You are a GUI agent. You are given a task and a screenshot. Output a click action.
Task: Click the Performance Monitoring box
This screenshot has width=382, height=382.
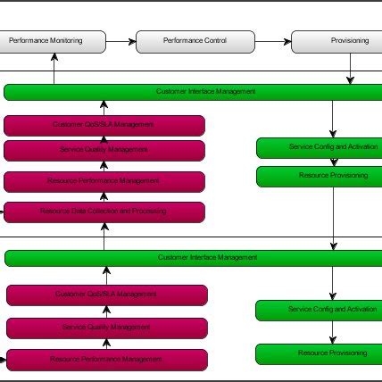point(53,41)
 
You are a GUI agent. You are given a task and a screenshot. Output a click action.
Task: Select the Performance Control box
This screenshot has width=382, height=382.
point(195,41)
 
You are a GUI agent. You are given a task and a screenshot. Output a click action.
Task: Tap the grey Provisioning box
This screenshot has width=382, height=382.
point(337,41)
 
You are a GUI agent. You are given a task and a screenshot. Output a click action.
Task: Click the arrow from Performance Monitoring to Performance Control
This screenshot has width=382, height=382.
point(121,41)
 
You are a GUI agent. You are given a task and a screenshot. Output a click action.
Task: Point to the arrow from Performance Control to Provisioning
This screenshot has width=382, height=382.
point(274,41)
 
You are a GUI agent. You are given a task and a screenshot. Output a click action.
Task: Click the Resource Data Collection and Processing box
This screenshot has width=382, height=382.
point(104,212)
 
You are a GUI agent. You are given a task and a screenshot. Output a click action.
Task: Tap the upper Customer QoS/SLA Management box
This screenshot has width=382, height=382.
point(104,125)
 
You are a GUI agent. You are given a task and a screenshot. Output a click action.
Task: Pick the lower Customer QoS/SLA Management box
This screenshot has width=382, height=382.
point(107,295)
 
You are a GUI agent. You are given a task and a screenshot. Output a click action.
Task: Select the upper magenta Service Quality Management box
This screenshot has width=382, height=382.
point(104,150)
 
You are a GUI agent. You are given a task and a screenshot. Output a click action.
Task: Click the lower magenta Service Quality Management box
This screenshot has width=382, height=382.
point(107,328)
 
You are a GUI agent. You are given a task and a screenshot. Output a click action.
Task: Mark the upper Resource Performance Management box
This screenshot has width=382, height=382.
point(104,181)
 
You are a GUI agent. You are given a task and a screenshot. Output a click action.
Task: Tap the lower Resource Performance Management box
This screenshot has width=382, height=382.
point(107,360)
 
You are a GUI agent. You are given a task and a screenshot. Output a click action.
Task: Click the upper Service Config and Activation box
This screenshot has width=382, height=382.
point(320,147)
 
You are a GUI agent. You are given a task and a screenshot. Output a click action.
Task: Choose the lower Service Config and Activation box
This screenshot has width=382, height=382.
point(320,310)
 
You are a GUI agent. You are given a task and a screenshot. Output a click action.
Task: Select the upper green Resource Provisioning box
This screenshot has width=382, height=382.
point(320,176)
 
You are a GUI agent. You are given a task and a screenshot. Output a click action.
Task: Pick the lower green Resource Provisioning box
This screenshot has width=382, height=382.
point(320,353)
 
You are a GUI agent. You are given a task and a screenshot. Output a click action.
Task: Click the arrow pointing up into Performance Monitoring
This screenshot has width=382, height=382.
point(54,68)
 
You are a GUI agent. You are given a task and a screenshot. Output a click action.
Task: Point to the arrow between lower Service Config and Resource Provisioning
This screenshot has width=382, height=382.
point(334,332)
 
